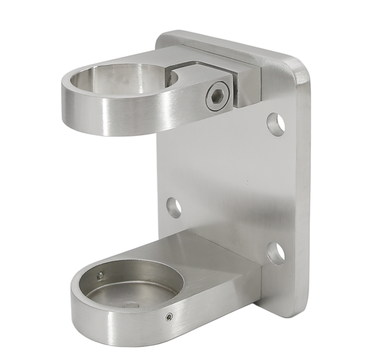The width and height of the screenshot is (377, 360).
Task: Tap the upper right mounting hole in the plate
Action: pyautogui.click(x=276, y=124)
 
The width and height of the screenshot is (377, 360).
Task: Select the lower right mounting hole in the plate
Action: pyautogui.click(x=276, y=253)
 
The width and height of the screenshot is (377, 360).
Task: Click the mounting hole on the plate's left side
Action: pyautogui.click(x=174, y=207)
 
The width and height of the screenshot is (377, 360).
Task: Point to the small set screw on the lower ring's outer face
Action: pyautogui.click(x=169, y=317)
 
